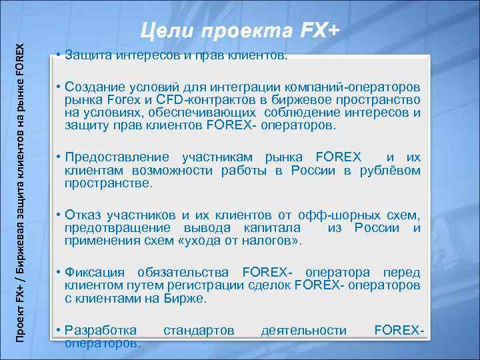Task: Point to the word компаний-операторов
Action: pos(357,88)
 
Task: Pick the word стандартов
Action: pos(199,330)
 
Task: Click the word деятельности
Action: pos(304,330)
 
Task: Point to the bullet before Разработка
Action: pos(60,330)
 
